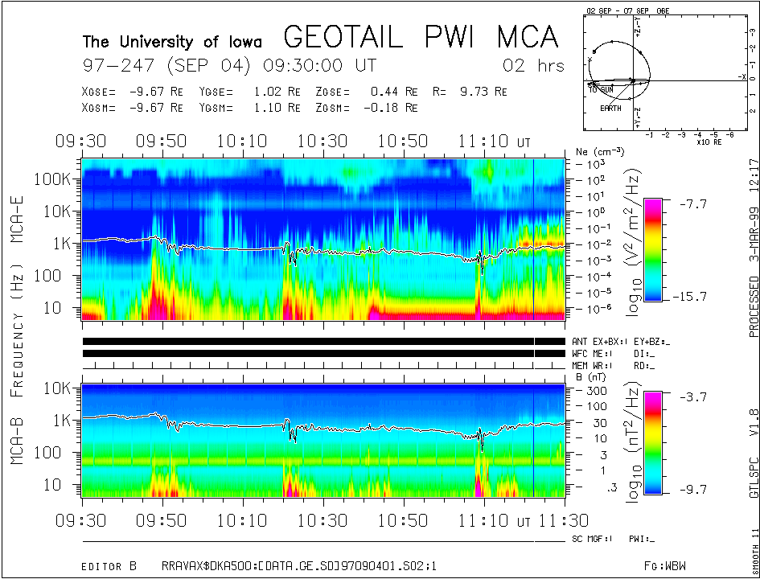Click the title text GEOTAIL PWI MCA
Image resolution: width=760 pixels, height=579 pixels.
pyautogui.click(x=421, y=37)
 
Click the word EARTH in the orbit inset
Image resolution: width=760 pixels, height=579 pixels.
pyautogui.click(x=610, y=108)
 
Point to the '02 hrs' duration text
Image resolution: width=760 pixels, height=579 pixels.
pyautogui.click(x=533, y=65)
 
